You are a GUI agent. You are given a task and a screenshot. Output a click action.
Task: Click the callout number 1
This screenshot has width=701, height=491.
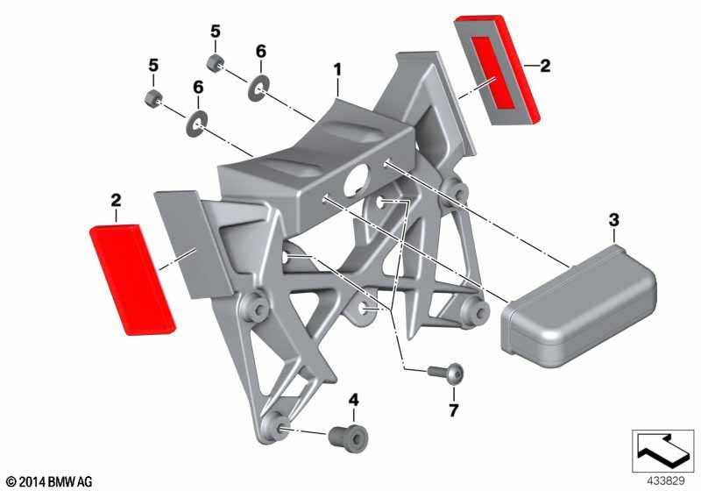(337, 70)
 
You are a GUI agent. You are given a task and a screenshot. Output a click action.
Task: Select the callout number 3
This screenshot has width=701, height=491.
(614, 220)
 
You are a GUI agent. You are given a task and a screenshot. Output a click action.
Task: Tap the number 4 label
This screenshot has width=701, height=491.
(354, 400)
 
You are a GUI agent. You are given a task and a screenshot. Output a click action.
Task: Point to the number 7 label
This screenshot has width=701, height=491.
(454, 410)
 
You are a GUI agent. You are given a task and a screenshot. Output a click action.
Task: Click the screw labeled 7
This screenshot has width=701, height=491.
(446, 372)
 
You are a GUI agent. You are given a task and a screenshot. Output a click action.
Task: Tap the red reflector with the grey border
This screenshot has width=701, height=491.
(497, 70)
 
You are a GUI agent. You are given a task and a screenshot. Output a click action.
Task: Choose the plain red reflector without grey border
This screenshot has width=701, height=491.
(132, 280)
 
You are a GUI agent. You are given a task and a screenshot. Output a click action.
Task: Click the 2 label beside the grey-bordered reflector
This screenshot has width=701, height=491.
(545, 66)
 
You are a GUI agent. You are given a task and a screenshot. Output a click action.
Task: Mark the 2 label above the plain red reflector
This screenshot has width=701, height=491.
(116, 200)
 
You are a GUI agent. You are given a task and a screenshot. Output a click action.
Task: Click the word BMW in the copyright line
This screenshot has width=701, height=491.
(61, 482)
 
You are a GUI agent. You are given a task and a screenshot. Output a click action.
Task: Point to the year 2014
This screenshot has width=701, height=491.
(32, 482)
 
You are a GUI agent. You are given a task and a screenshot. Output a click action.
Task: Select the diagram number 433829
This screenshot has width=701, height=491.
(666, 480)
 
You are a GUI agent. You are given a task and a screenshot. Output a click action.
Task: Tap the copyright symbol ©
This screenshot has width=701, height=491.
(12, 482)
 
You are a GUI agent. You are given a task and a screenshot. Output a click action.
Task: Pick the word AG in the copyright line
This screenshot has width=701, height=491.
(84, 482)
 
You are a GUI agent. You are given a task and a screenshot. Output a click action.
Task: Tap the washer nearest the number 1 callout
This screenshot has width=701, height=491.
(258, 89)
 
